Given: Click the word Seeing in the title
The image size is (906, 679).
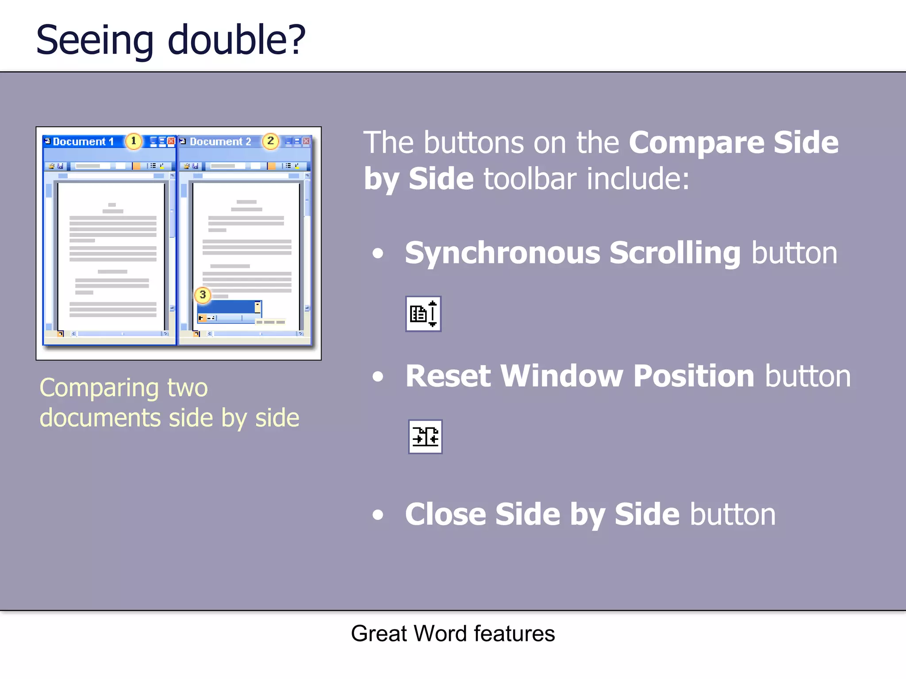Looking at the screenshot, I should pos(94,41).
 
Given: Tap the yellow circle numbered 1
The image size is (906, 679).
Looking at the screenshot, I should pos(133,141).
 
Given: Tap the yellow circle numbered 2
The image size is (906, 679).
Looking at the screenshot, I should pos(270,141).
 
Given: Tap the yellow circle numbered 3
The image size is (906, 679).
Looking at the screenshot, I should pos(203,295).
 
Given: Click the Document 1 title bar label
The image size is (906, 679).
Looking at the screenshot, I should pos(83,142).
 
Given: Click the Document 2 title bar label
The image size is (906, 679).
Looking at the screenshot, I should pos(220,142).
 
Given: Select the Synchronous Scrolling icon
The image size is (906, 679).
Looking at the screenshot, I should pos(423,314).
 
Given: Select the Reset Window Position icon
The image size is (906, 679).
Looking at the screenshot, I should pos(425,437).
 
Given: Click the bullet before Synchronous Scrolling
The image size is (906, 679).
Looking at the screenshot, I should pos(378,254).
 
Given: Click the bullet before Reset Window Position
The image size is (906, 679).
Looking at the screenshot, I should pos(378,377).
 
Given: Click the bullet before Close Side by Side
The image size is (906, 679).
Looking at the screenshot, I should pos(378,515).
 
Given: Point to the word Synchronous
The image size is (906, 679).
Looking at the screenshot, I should pos(503,253).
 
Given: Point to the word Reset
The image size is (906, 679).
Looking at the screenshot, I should pos(448,376).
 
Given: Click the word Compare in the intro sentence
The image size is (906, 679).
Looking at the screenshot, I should pos(696,142).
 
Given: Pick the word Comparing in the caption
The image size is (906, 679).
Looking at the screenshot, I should pos(99,388).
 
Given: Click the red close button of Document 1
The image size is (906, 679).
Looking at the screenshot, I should pos(171,141).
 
